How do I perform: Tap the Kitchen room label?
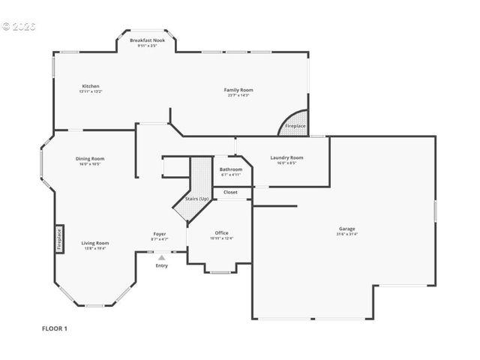coord(91,86)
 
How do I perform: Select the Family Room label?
coord(238,90)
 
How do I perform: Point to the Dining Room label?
coord(89,158)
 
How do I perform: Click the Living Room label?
coord(96,243)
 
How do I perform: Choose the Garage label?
coord(346,229)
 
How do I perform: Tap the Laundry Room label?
coord(286,157)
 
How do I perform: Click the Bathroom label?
coord(231,169)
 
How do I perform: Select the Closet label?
coord(230,192)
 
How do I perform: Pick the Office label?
coord(221,232)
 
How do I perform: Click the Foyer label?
coord(160,234)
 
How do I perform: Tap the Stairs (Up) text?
coord(197,199)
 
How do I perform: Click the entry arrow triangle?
coord(161,257)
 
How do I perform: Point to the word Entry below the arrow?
coord(161,265)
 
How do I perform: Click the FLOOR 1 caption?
coord(55,328)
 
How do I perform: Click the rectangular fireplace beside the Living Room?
coord(58,238)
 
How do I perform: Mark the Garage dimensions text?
coord(346,234)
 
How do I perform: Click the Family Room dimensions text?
coord(238,95)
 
